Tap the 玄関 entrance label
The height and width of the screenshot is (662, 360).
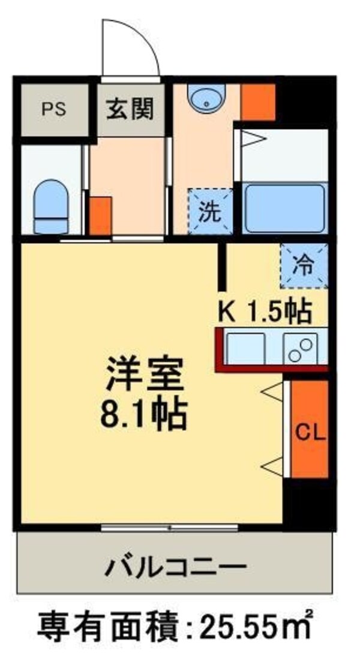click(x=130, y=109)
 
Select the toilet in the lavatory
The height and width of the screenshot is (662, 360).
click(x=50, y=206)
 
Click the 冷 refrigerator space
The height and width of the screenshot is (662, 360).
click(x=304, y=265)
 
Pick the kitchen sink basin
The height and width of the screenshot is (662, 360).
click(x=245, y=348)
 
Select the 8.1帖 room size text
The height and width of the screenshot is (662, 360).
click(x=146, y=414)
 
